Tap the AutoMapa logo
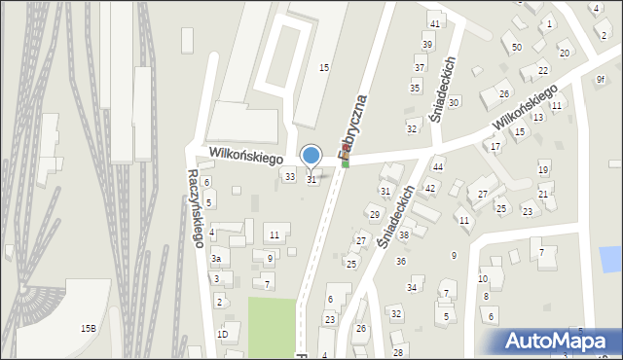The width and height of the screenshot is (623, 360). (x=558, y=342)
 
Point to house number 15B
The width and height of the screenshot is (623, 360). (x=89, y=329)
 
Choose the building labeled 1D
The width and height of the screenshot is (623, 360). (x=222, y=335)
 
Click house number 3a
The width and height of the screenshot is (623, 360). (x=218, y=258)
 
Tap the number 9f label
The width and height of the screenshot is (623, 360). (x=600, y=81)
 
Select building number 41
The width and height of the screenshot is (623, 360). (x=435, y=24)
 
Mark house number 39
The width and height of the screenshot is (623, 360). (x=427, y=45)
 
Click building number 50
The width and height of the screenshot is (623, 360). (x=516, y=48)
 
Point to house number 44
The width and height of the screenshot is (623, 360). (x=438, y=167)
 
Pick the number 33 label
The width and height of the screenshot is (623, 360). (x=289, y=176)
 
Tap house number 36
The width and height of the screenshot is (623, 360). (x=400, y=261)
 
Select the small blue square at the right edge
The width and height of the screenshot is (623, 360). (x=610, y=259)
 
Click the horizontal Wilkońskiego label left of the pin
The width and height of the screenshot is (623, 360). (x=244, y=156)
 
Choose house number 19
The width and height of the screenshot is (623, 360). (x=543, y=170)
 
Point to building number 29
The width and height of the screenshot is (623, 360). (x=374, y=214)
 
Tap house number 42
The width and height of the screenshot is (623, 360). (x=429, y=189)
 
